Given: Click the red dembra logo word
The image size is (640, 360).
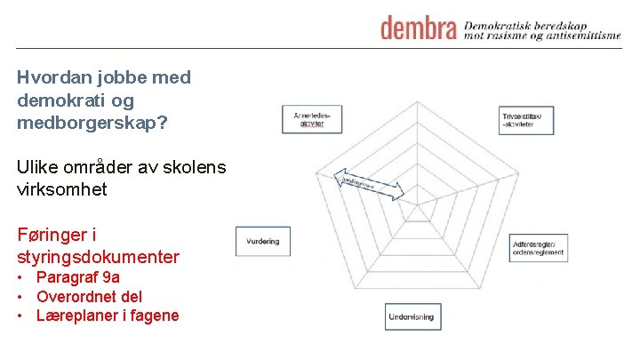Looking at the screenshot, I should coord(419,28).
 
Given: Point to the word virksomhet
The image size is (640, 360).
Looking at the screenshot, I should coord(62,189).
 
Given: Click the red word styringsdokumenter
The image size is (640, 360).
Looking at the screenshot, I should coord(98,258).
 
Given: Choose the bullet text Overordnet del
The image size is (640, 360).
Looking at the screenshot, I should coord(89,296).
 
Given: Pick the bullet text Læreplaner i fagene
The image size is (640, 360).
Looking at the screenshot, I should coord(107,316).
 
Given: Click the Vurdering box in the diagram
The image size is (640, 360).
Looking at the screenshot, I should coord(262,241).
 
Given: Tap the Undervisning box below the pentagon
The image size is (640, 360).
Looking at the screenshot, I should coord(413,316).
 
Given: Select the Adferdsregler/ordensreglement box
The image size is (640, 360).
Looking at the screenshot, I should coord(538,248).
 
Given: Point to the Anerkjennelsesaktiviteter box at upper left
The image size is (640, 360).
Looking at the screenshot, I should coord(312,118).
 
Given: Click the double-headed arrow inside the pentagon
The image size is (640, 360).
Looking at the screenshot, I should coord(369,187).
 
